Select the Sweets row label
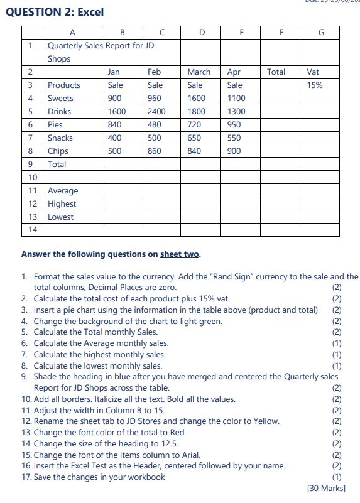click(60, 99)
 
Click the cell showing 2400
click(156, 112)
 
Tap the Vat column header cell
click(313, 72)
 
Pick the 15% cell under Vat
click(314, 85)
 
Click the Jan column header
click(114, 72)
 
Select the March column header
click(199, 72)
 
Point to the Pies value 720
click(194, 125)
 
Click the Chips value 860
click(155, 151)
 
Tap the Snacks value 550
click(234, 138)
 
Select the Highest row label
click(62, 204)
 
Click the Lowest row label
click(60, 217)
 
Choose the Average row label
click(63, 191)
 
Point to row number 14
click(30, 230)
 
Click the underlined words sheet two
click(180, 254)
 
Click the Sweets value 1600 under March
click(196, 99)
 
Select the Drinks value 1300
click(236, 112)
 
